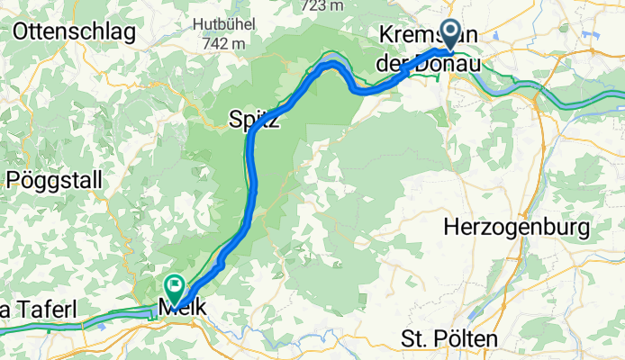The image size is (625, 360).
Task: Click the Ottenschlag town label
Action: (75, 32)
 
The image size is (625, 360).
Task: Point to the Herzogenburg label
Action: (516, 228)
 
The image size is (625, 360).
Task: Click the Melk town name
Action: (182, 308)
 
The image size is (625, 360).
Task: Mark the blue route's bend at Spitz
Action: (256, 131)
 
